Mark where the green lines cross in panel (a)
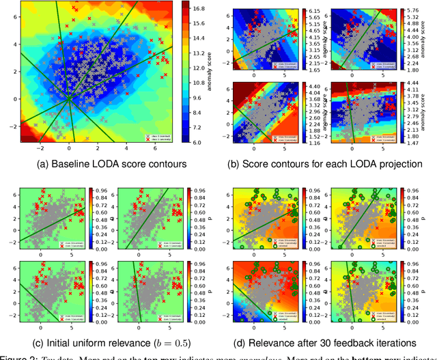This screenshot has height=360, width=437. (68, 99)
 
